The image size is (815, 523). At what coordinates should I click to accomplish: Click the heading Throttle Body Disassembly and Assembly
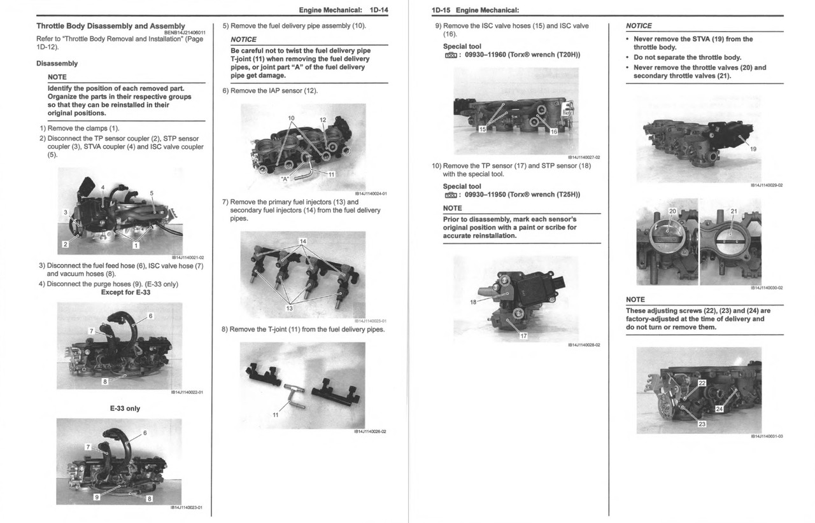click(111, 26)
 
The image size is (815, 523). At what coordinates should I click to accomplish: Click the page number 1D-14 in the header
click(376, 10)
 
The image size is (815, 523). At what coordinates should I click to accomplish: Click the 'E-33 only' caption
click(125, 408)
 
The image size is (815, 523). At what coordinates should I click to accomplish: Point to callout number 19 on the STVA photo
click(753, 149)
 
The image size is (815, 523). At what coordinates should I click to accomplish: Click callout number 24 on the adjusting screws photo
click(719, 409)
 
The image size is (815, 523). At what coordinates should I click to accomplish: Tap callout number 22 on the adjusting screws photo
click(702, 383)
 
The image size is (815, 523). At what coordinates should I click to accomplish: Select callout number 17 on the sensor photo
click(523, 336)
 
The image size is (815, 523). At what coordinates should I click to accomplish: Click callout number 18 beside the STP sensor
click(474, 302)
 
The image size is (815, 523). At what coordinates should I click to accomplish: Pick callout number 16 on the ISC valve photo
click(553, 132)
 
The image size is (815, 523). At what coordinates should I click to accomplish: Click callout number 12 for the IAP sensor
click(322, 120)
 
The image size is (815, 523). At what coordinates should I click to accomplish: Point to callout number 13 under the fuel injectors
click(290, 309)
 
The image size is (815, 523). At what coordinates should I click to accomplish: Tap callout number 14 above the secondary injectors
click(303, 241)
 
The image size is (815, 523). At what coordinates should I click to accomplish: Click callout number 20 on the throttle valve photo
click(672, 211)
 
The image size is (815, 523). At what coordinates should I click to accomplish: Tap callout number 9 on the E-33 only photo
click(97, 498)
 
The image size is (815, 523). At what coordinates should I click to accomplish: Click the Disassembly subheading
click(57, 64)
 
